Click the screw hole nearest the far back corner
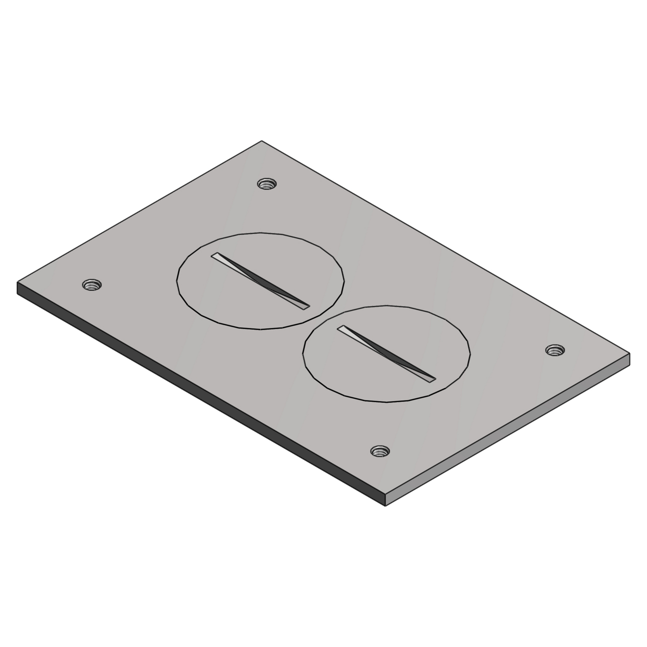pyautogui.click(x=267, y=184)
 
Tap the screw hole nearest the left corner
pyautogui.click(x=91, y=285)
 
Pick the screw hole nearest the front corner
pyautogui.click(x=380, y=451)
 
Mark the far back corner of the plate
pyautogui.click(x=261, y=141)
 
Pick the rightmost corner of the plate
pyautogui.click(x=629, y=354)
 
